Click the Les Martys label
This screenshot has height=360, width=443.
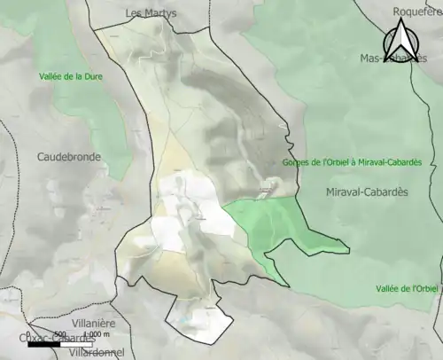pyautogui.click(x=152, y=13)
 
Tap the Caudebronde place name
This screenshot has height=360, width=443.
pyautogui.click(x=69, y=157)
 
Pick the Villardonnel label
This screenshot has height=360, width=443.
pyautogui.click(x=97, y=352)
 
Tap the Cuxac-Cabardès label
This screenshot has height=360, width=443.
pyautogui.click(x=56, y=338)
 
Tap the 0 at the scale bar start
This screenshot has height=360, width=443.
pyautogui.click(x=28, y=335)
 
